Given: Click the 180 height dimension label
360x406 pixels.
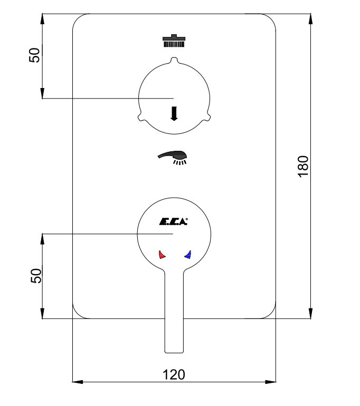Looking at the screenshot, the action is pyautogui.click(x=303, y=167).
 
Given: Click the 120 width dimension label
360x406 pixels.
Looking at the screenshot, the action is pyautogui.click(x=174, y=374).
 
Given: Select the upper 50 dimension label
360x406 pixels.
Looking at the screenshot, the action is pyautogui.click(x=34, y=55).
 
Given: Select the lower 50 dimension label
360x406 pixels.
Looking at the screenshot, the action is pyautogui.click(x=36, y=276).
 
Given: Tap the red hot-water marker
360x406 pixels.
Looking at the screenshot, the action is pyautogui.click(x=162, y=255).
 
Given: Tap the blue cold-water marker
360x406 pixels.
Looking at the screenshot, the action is pyautogui.click(x=188, y=255).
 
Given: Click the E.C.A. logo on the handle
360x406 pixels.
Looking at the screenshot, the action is pyautogui.click(x=173, y=221).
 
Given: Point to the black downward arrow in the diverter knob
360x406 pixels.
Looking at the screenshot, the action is pyautogui.click(x=174, y=114).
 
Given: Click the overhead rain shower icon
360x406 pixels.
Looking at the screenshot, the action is pyautogui.click(x=174, y=41).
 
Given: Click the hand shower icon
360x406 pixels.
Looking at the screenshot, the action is pyautogui.click(x=173, y=157).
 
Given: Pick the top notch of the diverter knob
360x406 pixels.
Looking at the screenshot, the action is pyautogui.click(x=174, y=60).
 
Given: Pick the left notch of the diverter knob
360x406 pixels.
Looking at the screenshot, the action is pyautogui.click(x=141, y=117).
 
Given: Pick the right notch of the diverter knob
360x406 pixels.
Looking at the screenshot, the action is pyautogui.click(x=206, y=117).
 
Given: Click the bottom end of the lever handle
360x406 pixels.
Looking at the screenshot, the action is pyautogui.click(x=174, y=352).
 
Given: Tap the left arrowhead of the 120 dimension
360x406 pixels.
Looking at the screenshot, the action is pyautogui.click(x=78, y=382).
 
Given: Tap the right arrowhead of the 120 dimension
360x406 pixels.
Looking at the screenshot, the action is pyautogui.click(x=271, y=382).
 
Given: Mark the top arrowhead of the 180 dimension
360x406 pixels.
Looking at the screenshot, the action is pyautogui.click(x=311, y=18).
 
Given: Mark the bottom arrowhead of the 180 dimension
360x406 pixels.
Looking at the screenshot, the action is pyautogui.click(x=311, y=313).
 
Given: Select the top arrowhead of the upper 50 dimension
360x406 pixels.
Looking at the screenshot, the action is pyautogui.click(x=42, y=18).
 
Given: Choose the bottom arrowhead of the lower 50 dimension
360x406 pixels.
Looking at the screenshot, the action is pyautogui.click(x=42, y=313).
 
